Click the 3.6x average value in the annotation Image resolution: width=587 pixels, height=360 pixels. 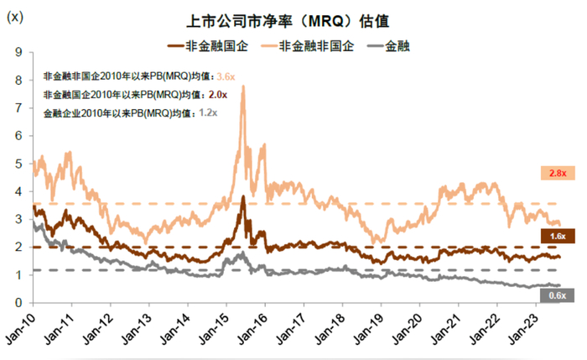click(227, 76)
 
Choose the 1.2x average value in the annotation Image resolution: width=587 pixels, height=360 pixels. click(208, 112)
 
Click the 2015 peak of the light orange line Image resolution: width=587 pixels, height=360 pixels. click(243, 86)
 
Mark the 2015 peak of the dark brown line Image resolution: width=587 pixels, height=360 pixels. click(242, 197)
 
